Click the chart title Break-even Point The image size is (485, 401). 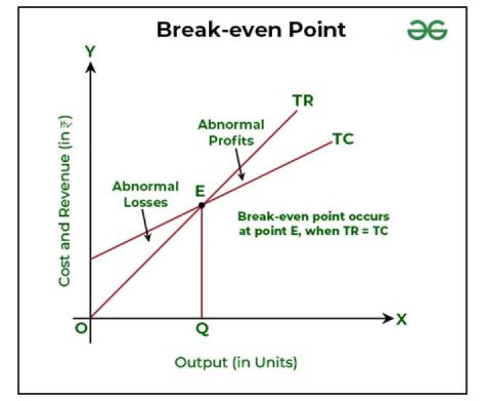251,30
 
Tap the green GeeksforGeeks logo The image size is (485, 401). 427,30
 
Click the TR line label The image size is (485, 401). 302,101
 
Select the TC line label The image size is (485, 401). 343,140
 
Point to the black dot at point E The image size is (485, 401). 201,204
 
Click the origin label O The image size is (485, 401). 79,330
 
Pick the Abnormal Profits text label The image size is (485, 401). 225,132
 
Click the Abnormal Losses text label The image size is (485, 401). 136,193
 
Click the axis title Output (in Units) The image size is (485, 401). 236,363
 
